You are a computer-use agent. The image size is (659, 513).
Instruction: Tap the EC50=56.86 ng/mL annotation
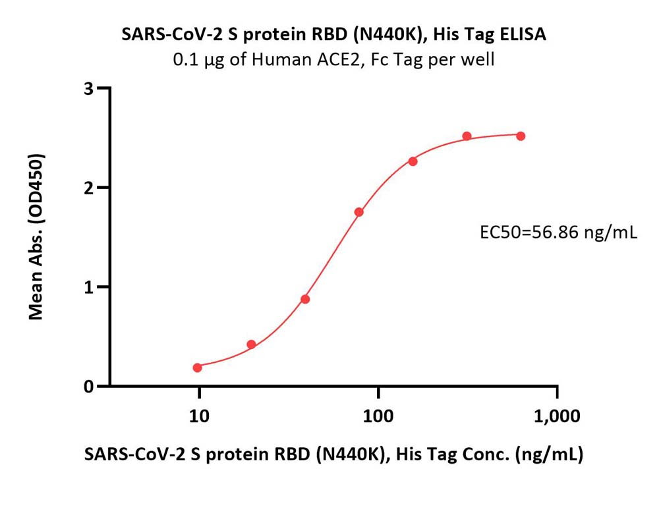point(559,232)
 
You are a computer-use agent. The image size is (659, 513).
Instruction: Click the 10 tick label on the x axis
point(199,416)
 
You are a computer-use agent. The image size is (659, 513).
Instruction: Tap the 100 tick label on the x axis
point(378,416)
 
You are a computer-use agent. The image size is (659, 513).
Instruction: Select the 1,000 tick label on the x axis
point(558,416)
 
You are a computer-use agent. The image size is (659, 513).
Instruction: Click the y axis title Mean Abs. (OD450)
point(36,237)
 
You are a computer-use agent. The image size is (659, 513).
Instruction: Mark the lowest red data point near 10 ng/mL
point(197,367)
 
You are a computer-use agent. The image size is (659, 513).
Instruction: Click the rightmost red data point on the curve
point(521,136)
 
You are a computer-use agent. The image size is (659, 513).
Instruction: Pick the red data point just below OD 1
point(305,299)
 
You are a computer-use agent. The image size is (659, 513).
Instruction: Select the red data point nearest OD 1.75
point(359,212)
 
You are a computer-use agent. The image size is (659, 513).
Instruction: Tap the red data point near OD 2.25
point(413,161)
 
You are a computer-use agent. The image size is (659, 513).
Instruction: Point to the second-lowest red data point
point(251,344)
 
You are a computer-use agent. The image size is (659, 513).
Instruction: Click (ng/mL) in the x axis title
point(549,454)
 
